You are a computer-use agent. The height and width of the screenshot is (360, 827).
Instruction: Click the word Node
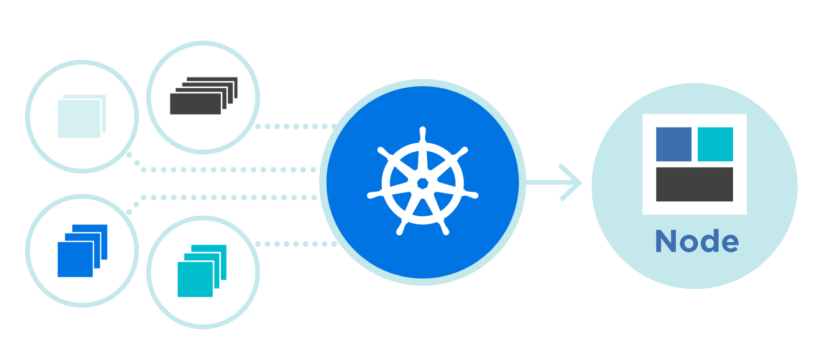pos(697,241)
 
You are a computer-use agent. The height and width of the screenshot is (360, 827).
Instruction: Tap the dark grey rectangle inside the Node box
pos(695,185)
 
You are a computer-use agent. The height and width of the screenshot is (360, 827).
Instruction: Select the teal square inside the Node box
pos(715,144)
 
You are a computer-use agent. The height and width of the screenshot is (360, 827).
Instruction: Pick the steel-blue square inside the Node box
pos(674,144)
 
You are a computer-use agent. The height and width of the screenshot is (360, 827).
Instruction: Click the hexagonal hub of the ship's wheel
pos(423,183)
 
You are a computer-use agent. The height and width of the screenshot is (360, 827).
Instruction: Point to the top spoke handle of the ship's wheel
pos(423,135)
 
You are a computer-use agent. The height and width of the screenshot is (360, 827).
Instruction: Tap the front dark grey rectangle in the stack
pos(195,104)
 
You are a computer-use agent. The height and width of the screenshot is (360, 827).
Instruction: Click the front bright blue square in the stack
pos(75,259)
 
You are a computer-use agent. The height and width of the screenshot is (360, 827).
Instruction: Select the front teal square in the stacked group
pos(195,279)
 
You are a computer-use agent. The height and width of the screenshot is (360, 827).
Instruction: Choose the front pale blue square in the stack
pos(79,119)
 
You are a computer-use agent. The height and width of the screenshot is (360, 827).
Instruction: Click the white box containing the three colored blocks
pos(695,164)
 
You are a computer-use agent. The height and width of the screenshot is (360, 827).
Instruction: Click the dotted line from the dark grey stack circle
pos(296,126)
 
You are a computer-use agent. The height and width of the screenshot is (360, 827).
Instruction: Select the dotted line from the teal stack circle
pos(296,244)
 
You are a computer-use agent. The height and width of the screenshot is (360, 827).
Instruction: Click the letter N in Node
pos(665,241)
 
